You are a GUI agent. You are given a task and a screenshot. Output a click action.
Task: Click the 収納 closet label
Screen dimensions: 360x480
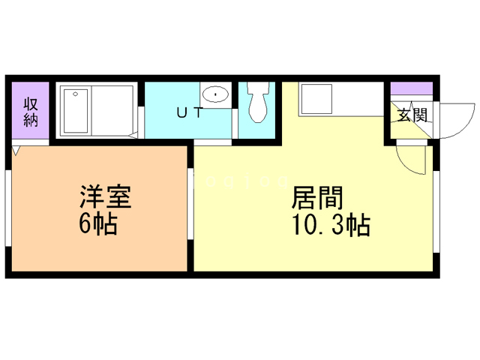(x=31, y=112)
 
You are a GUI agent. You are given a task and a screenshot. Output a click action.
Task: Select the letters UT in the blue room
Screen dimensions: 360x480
(x=187, y=113)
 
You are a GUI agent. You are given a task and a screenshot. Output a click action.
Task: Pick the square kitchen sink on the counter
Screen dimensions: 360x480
(x=314, y=99)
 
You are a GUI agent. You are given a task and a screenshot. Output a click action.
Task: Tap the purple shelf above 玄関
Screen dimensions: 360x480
(x=412, y=87)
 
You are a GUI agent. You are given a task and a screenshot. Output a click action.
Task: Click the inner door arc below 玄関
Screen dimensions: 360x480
(x=409, y=157)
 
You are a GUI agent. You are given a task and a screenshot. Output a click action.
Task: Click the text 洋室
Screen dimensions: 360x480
(x=106, y=198)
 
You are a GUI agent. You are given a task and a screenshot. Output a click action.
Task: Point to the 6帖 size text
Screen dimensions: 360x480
(x=98, y=224)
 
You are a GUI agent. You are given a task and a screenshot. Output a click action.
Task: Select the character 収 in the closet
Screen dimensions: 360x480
(x=31, y=104)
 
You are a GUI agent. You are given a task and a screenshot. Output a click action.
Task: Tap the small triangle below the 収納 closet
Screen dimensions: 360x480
(x=16, y=150)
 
